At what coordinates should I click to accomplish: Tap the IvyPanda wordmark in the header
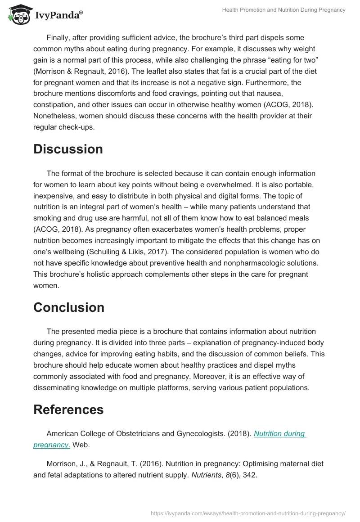58,16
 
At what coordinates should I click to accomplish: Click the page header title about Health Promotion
283,10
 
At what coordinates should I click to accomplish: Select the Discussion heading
68,149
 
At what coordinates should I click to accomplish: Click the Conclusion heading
68,307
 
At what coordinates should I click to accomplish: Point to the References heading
68,409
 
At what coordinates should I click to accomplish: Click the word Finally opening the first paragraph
58,38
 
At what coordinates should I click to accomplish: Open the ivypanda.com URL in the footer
247,513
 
